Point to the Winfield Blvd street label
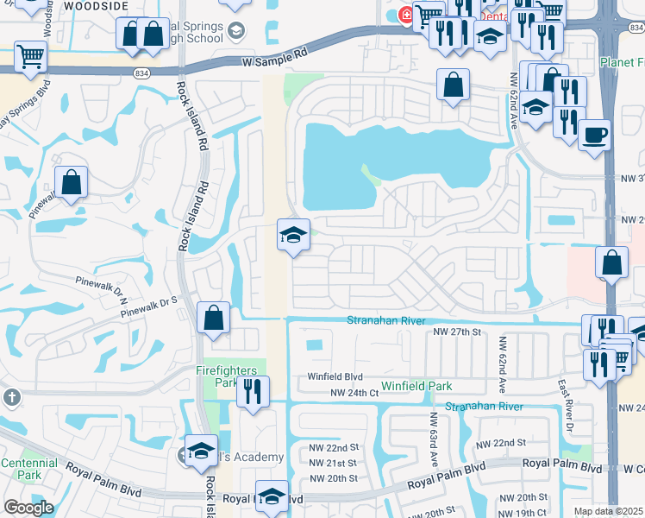[x=335, y=377]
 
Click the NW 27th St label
[x=456, y=332]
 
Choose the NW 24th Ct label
[x=354, y=393]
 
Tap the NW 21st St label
[x=333, y=463]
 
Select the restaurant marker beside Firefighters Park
[x=253, y=390]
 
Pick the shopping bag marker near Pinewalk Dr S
[x=213, y=318]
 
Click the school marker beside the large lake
[x=293, y=235]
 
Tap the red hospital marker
[x=405, y=15]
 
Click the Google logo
[x=28, y=508]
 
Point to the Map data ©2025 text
[x=607, y=511]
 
